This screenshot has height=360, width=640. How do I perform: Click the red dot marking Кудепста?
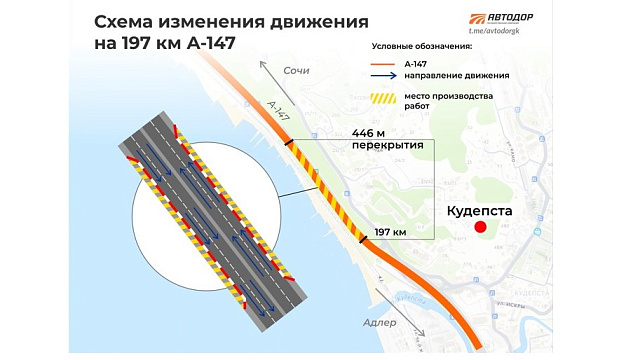(480, 228)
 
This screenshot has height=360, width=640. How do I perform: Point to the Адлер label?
(380, 323)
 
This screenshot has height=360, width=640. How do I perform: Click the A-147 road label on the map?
(279, 110)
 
